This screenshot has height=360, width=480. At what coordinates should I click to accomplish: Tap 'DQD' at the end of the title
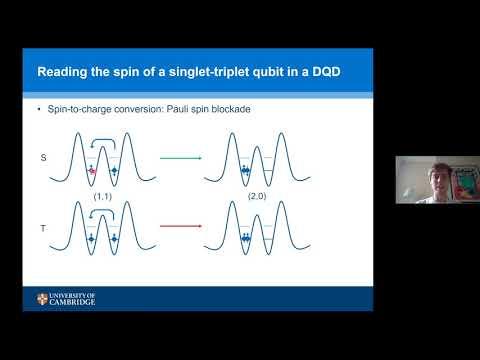[x=326, y=72]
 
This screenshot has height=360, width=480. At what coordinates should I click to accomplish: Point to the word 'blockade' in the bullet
[x=231, y=109]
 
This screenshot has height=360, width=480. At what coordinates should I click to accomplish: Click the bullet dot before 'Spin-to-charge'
[x=39, y=109]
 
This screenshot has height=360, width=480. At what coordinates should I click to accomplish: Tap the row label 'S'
[x=43, y=157]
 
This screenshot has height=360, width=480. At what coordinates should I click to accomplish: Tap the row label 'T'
[x=43, y=228]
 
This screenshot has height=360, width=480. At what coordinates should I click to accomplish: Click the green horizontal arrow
[x=181, y=158]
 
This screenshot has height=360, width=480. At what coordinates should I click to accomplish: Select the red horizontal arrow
[x=181, y=226]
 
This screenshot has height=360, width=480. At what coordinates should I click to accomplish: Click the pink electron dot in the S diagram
[x=92, y=171]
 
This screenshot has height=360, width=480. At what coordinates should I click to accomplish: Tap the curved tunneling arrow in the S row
[x=103, y=140]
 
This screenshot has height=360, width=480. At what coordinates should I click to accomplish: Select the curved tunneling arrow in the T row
[x=102, y=210]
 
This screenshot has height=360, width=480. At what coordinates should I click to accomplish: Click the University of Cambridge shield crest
[x=42, y=299]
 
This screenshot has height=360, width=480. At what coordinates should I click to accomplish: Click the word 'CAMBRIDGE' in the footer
[x=72, y=302]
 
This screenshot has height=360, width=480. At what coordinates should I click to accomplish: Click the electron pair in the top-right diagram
[x=245, y=170]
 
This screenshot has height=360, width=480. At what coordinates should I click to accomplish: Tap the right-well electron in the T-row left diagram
[x=114, y=239]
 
